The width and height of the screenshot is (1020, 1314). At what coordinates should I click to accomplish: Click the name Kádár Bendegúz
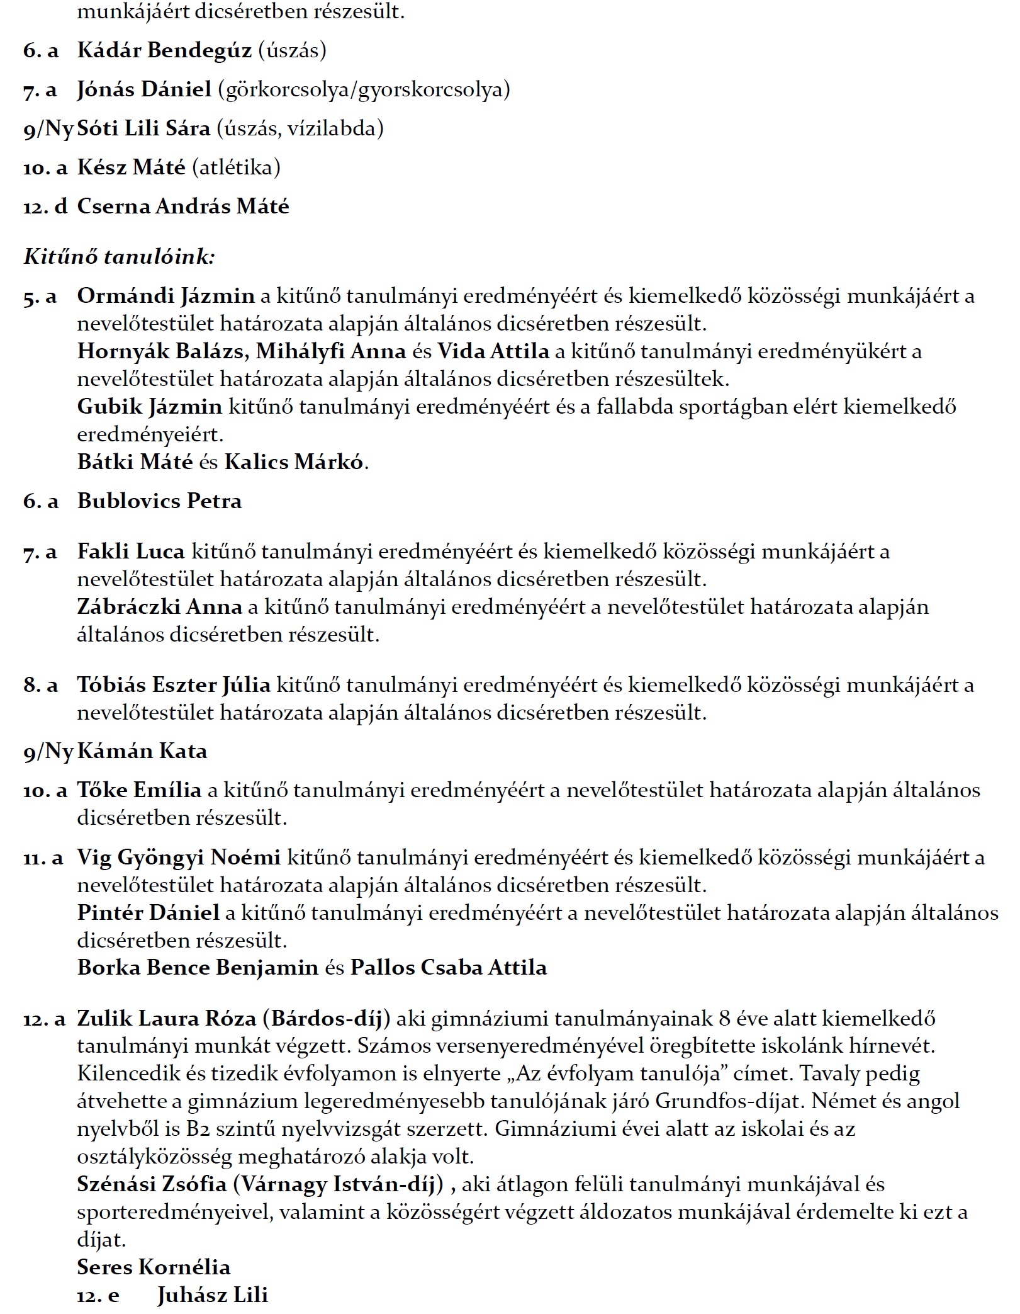164,50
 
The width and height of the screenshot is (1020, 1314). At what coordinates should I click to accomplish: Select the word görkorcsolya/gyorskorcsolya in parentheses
364,90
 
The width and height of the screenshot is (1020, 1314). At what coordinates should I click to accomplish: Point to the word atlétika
236,167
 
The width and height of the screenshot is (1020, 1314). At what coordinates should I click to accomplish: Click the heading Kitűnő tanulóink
120,257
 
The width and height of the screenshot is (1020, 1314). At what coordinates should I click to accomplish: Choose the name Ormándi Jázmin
165,296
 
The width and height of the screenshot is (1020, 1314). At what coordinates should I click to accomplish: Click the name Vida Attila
493,351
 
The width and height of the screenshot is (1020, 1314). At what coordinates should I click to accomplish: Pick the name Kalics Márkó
294,462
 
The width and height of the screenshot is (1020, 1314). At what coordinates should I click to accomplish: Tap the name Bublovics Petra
159,501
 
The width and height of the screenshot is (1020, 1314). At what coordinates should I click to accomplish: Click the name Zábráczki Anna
159,607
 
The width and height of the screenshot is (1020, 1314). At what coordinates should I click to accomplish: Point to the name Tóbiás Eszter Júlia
174,685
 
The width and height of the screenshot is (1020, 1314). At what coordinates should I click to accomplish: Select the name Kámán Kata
142,751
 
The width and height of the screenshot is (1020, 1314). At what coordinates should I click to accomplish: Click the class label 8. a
40,685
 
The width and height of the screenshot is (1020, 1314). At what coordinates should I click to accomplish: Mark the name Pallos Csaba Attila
449,968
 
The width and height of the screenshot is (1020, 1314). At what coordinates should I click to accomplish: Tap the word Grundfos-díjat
729,1101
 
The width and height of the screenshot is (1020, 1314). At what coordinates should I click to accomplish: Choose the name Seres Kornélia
154,1267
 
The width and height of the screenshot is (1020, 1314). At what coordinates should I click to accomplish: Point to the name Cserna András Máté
183,207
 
